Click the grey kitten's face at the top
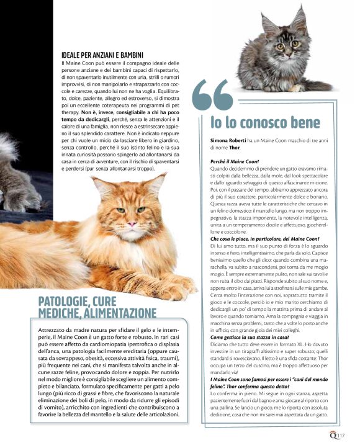coord(286,45)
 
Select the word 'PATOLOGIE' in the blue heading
coord(62,302)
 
